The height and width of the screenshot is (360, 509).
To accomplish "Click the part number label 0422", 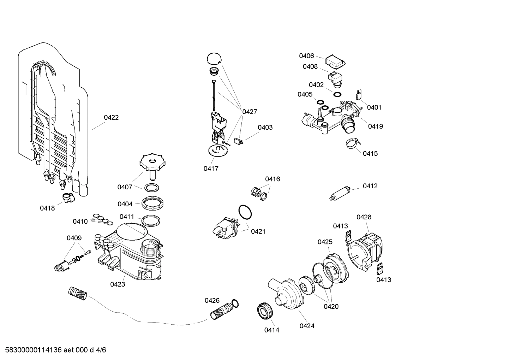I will pos(111,118).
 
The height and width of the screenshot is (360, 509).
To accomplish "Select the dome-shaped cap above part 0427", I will pos(214,59).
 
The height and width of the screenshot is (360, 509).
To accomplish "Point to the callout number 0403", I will pos(265,128).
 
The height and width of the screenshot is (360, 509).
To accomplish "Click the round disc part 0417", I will pos(217,150).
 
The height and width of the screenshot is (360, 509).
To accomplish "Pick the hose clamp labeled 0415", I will pos(353,143).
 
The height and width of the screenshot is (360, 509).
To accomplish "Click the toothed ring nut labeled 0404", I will pos(152,203).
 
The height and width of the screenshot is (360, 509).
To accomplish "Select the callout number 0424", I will pos(307,326).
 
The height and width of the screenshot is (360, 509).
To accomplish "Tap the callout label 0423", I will pos(118,284).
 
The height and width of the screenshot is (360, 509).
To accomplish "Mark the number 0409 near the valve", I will pos(74,238).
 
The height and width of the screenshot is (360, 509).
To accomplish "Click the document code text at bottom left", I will pos(53,350).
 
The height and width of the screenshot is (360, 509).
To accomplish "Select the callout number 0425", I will pos(325,242).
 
